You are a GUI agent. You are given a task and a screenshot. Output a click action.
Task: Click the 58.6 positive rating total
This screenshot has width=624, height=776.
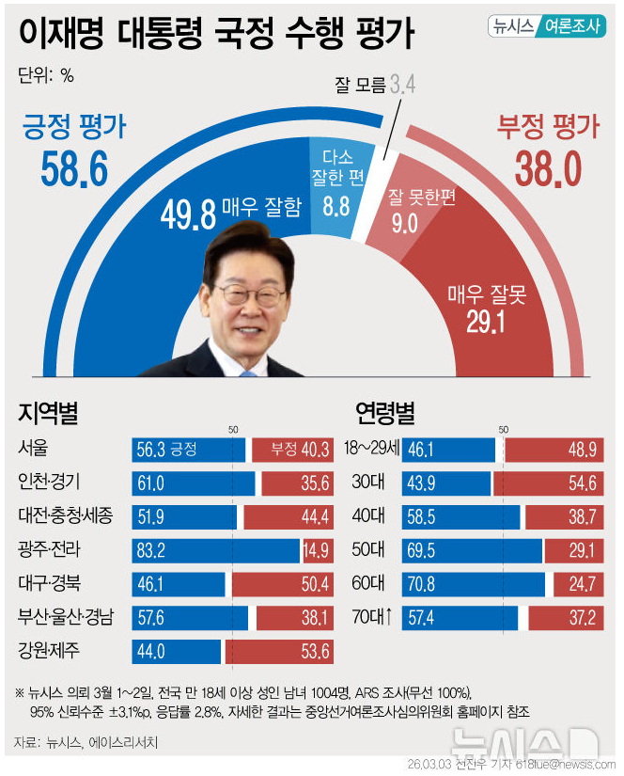coord(74,168)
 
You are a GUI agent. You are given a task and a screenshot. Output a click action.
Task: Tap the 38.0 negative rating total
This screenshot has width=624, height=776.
coord(548,169)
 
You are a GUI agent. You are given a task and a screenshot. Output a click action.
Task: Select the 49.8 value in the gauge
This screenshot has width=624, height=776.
coord(182,214)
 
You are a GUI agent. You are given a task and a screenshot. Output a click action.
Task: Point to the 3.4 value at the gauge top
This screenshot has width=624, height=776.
coord(403,86)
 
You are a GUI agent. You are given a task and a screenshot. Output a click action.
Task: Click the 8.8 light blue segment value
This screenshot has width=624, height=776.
coord(336,204)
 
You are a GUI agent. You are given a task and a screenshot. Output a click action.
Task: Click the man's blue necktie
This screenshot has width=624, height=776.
coord(246,372)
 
